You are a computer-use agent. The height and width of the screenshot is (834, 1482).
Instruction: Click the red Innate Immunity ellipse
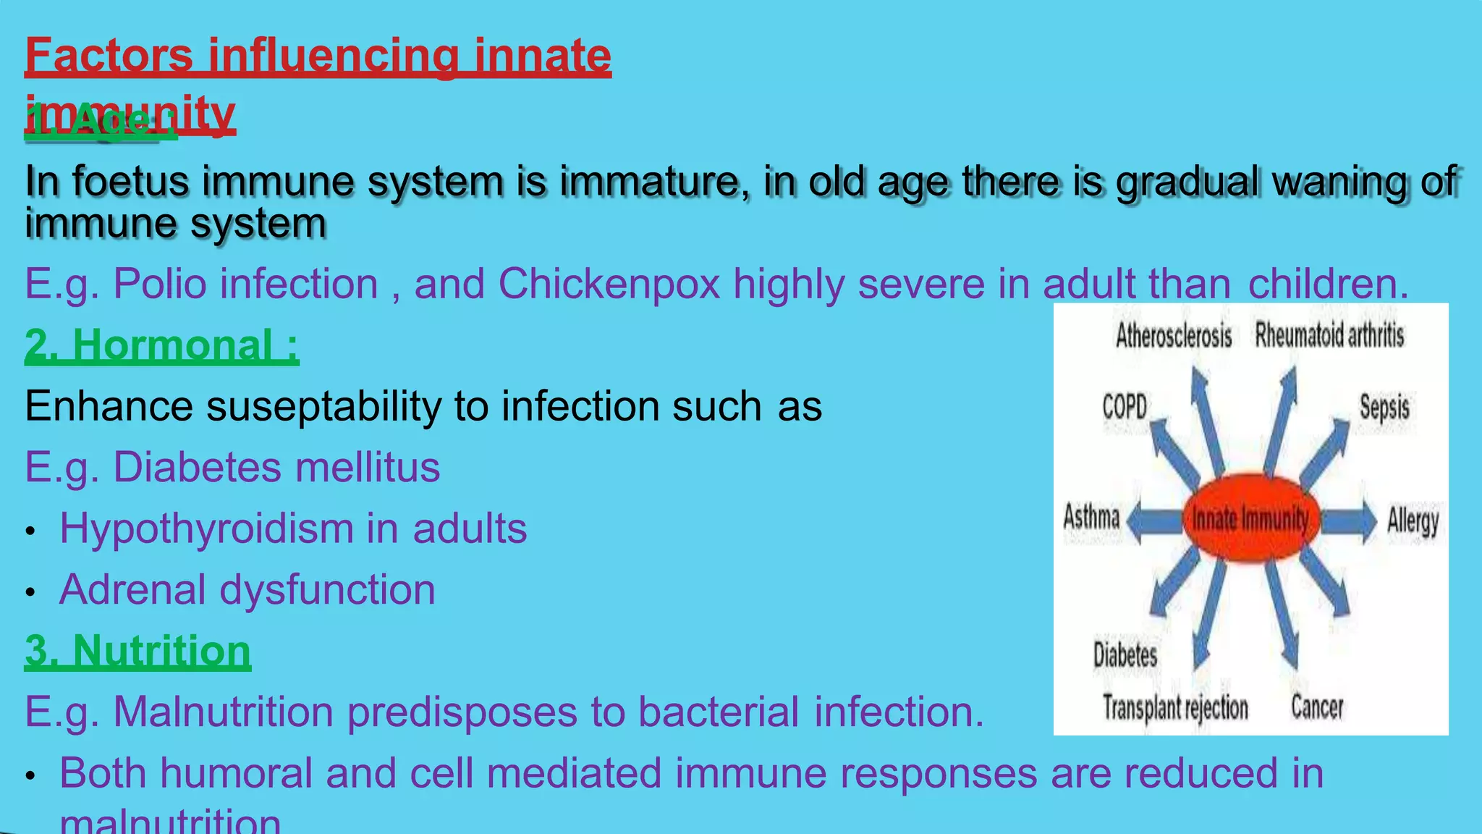coord(1250,518)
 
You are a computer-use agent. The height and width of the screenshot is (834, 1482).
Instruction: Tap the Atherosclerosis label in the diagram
coord(1173,336)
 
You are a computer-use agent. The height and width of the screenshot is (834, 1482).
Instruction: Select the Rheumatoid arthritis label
coord(1329,335)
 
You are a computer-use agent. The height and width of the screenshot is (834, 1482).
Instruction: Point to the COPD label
coord(1125,407)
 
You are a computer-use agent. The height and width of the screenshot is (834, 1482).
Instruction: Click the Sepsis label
coord(1384,408)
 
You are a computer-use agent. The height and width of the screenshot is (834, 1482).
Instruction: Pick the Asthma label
coord(1091,518)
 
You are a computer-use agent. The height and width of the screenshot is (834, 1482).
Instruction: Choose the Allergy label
coord(1413,521)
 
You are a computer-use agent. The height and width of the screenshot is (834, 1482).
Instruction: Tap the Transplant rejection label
coord(1175,707)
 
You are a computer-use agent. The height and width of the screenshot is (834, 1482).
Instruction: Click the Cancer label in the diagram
coord(1317,707)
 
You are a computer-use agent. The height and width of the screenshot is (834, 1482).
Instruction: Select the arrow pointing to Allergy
coord(1347,521)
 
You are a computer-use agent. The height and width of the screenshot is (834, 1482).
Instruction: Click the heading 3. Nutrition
coord(137,650)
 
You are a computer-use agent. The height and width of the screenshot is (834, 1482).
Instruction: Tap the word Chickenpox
coord(609,283)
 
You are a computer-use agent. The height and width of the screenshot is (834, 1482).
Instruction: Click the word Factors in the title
coord(109,56)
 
